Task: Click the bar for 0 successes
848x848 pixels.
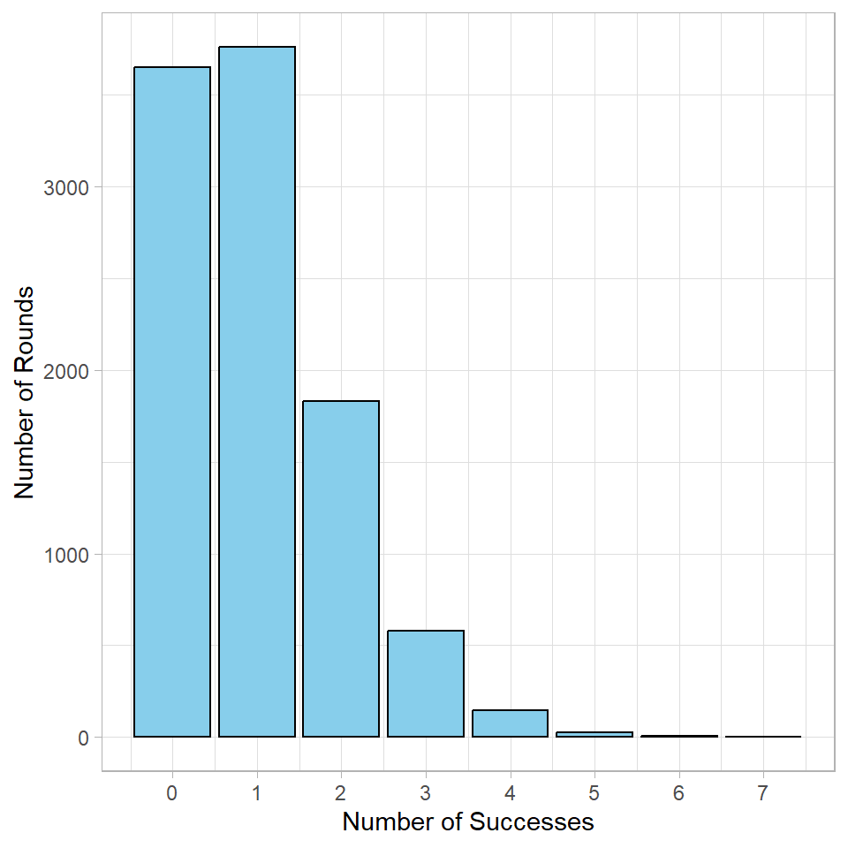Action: pos(172,402)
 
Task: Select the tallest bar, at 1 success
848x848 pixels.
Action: pos(257,392)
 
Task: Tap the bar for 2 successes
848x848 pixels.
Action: pos(341,569)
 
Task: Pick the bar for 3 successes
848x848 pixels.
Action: pos(426,684)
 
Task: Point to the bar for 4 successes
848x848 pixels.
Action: pos(510,723)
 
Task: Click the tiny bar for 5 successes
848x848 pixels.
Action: pos(594,734)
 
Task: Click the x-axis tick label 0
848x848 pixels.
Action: pos(172,793)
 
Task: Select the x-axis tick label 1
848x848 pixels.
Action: pos(257,793)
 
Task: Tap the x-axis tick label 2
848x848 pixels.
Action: pos(341,793)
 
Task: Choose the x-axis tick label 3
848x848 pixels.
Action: pos(426,793)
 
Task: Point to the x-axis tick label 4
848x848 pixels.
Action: pos(510,793)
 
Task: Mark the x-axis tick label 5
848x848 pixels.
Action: pos(594,793)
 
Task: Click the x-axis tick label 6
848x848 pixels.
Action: pos(678,793)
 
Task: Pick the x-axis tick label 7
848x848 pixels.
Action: pos(763,793)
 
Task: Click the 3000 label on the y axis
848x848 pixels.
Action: pos(65,187)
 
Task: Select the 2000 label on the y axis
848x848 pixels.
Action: pos(65,371)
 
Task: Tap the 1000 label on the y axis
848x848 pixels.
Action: pos(65,555)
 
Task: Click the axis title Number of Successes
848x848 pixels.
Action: pos(468,822)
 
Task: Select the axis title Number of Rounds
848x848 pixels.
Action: pos(26,392)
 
